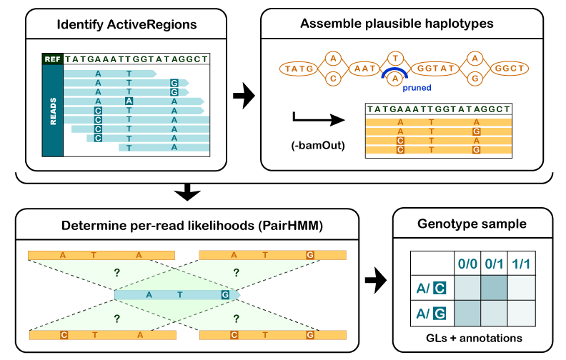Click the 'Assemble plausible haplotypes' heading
coord(397,25)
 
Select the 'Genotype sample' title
coord(472,224)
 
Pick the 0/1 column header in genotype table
coord(494,264)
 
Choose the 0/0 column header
coord(467,264)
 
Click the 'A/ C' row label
coord(431,288)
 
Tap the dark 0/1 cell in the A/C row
coord(494,288)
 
